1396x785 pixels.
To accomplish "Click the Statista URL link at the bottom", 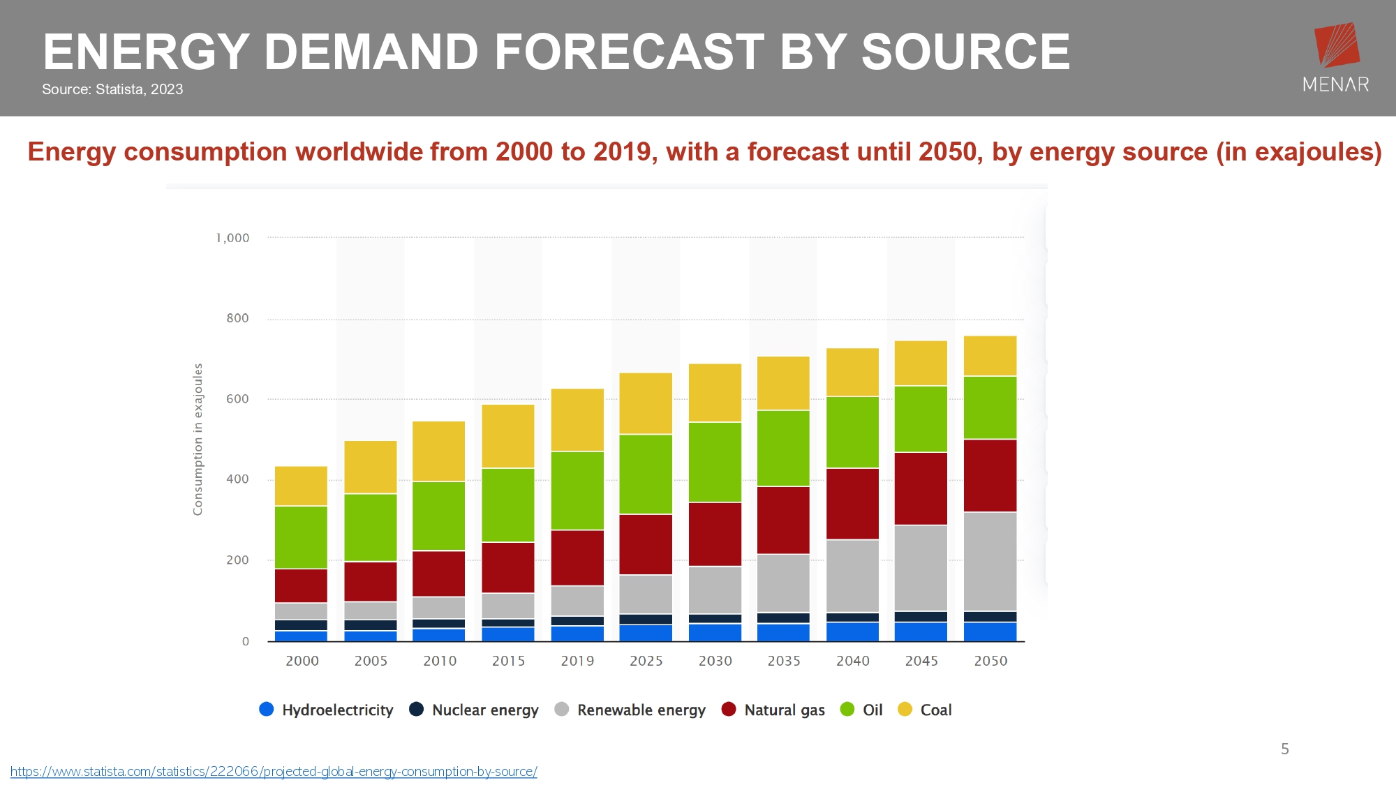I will pos(274,772).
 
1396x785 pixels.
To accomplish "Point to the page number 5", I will pos(1285,749).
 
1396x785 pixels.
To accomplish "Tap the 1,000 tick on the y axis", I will pos(233,238).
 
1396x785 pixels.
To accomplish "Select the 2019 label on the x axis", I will pos(577,661).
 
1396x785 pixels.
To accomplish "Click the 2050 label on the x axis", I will pos(990,661).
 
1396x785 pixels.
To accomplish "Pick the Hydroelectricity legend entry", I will pos(326,710).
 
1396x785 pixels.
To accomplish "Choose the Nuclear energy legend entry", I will pos(474,710).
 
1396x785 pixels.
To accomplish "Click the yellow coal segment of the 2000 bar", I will pos(301,486).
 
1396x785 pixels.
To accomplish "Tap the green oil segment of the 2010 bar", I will pos(438,516).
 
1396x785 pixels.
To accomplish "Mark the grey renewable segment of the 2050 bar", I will pos(990,562).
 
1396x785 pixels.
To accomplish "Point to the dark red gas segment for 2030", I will pos(715,534).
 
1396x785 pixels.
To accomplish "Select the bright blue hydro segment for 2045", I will pos(921,631).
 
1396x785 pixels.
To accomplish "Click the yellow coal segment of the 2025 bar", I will pos(646,403).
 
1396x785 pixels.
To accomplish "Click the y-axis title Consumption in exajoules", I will pos(198,440).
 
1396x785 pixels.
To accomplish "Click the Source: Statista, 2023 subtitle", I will pos(112,89).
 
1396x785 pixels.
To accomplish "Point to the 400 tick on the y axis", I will pos(237,479).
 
